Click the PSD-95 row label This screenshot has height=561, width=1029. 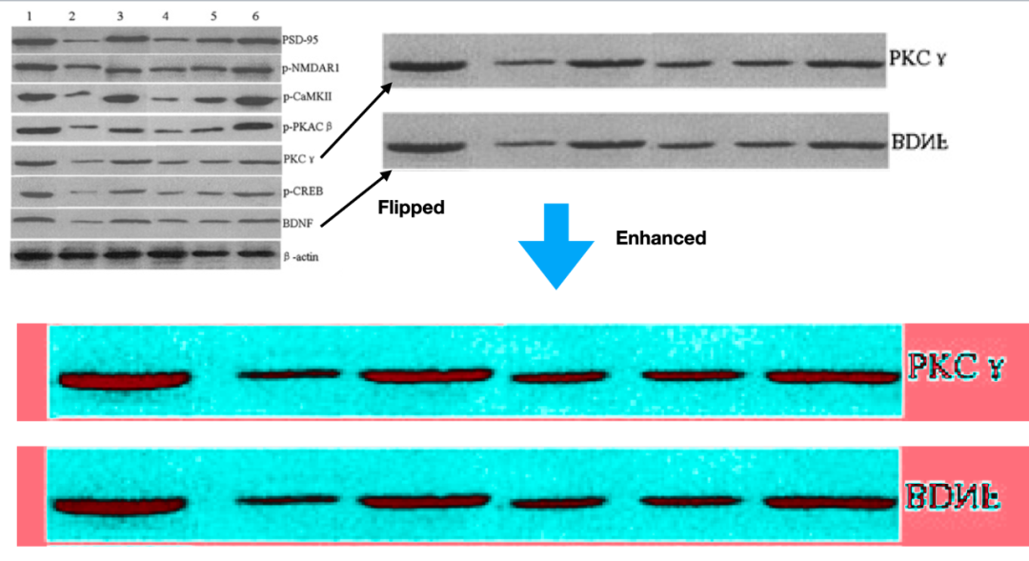[x=301, y=40]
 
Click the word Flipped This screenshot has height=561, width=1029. [x=411, y=207]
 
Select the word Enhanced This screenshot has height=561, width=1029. [x=660, y=238]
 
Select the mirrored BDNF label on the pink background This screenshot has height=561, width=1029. [x=954, y=495]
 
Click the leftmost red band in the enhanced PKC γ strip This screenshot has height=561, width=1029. [x=122, y=380]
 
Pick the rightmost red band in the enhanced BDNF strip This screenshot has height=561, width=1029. [x=830, y=503]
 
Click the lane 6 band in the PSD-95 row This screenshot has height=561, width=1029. [x=253, y=40]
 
